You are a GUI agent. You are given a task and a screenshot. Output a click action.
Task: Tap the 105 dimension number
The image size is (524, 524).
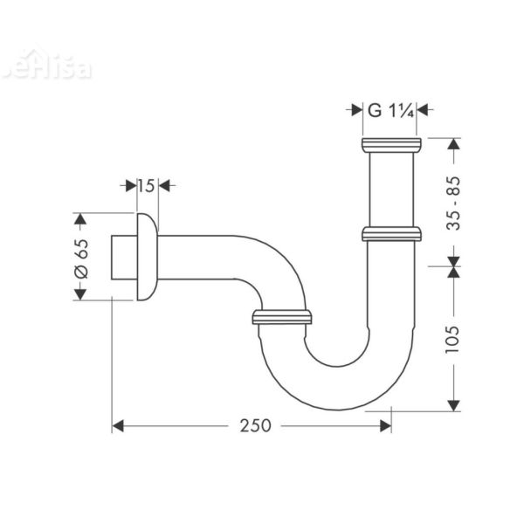coord(453,334)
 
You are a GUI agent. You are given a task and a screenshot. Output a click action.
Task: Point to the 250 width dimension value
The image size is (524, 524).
coord(252,425)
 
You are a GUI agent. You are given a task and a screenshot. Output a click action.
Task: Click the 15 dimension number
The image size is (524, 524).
coord(146,185)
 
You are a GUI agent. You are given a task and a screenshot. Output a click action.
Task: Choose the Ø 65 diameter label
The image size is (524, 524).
coord(81,257)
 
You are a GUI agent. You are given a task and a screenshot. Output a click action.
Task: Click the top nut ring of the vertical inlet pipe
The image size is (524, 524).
coord(390,145)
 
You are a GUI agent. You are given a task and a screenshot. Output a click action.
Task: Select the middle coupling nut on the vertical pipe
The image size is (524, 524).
coord(390,234)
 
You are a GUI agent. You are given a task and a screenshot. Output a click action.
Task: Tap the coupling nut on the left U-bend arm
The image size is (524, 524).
coord(281,316)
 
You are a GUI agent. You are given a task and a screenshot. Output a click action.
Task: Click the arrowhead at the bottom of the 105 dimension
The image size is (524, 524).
coord(453,403)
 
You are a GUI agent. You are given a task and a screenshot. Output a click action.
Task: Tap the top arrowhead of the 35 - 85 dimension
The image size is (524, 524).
coord(453,145)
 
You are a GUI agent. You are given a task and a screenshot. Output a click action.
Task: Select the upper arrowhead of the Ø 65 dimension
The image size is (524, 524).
coord(81,219)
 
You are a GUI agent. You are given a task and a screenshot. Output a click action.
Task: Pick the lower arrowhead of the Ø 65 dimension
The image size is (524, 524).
coord(81,293)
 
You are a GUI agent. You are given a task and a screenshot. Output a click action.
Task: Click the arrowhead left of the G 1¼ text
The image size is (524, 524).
coord(355,110)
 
